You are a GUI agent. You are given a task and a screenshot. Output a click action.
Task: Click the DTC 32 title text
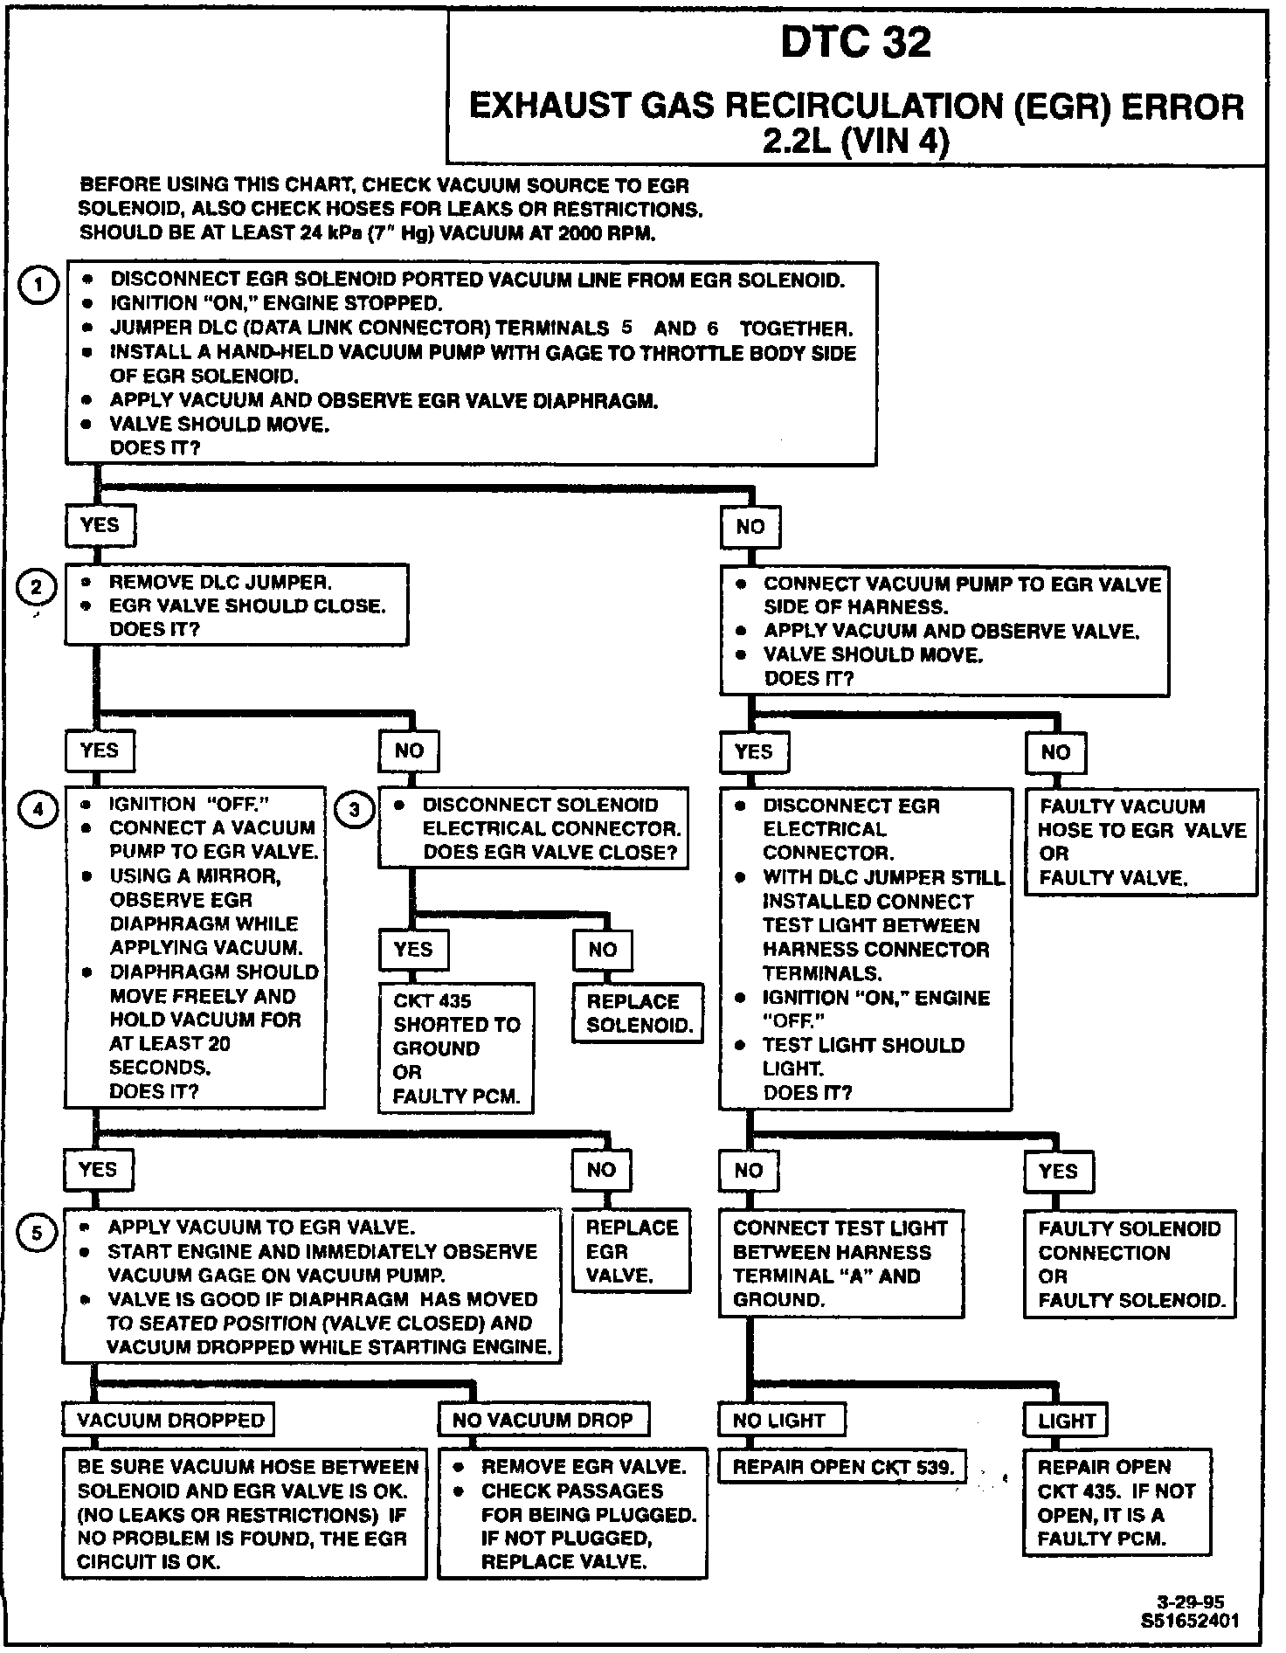click(856, 43)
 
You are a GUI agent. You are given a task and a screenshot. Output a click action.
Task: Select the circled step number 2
click(37, 587)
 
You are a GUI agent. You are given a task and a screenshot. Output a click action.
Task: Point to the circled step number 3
click(354, 810)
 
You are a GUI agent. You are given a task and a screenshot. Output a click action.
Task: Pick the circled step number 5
click(37, 1234)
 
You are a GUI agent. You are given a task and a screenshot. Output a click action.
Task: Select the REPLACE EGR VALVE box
click(631, 1251)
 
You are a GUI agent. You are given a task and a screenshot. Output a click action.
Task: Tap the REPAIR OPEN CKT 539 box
click(842, 1467)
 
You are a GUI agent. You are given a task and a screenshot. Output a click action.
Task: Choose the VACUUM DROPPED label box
click(169, 1420)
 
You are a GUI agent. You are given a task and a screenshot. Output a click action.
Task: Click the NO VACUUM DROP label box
click(543, 1420)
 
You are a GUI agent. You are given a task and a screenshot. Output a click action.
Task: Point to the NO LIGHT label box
click(781, 1420)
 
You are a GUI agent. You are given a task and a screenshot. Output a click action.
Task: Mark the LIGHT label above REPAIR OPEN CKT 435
click(1065, 1421)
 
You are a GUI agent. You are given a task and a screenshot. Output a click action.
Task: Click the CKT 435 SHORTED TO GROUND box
click(455, 1048)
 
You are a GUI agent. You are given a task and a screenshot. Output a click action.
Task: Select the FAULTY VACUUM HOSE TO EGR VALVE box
click(1141, 841)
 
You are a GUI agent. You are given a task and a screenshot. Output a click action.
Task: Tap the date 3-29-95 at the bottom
click(1190, 1602)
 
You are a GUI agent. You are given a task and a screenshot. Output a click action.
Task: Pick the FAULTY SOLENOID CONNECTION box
click(1130, 1263)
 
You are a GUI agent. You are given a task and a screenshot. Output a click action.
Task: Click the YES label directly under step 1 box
click(99, 525)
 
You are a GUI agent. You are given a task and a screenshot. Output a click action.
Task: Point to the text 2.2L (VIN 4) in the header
click(856, 142)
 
